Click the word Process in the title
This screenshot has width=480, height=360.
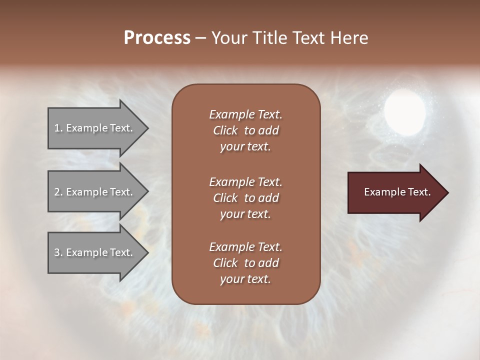pyautogui.click(x=157, y=38)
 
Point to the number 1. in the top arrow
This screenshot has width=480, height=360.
pyautogui.click(x=58, y=128)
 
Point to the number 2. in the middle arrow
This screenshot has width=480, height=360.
pyautogui.click(x=58, y=192)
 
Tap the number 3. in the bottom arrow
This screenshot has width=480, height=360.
pyautogui.click(x=58, y=252)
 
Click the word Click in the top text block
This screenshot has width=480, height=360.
pyautogui.click(x=225, y=130)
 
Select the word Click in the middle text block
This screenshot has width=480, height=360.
pyautogui.click(x=225, y=198)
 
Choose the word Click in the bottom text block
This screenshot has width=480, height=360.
pyautogui.click(x=225, y=263)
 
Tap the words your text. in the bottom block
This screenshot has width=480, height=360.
pyautogui.click(x=245, y=279)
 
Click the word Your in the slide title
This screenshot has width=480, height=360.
pyautogui.click(x=227, y=38)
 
